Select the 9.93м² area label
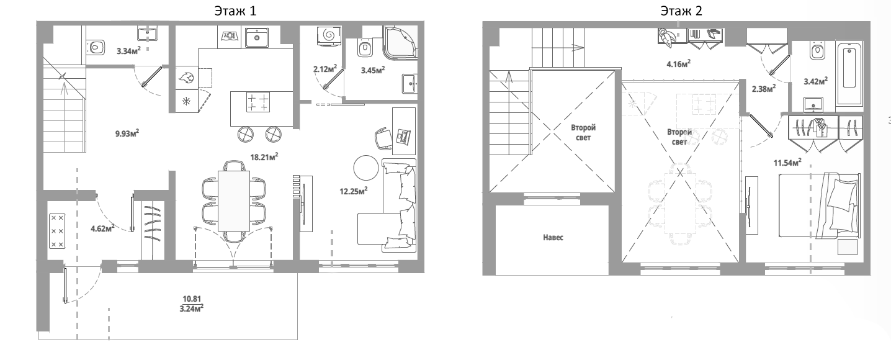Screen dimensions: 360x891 click(x=127, y=132)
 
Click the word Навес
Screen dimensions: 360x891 click(x=552, y=238)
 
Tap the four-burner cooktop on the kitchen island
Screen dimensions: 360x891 click(x=258, y=101)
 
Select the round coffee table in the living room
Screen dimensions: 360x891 click(x=366, y=168)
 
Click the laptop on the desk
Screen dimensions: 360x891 click(x=405, y=137)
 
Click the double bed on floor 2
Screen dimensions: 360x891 click(x=819, y=205)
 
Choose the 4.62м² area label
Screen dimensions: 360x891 click(x=102, y=228)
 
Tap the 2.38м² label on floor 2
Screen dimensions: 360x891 click(x=763, y=89)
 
